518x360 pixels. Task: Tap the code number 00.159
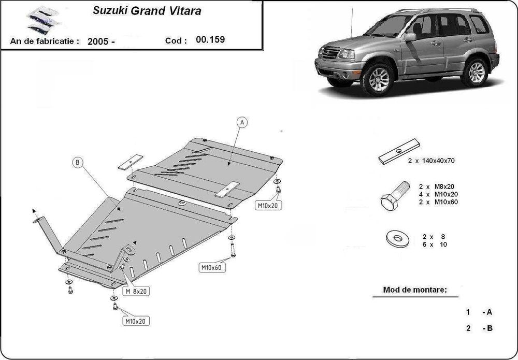point(211,39)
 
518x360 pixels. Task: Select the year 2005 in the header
point(102,41)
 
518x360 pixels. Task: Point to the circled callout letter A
point(242,123)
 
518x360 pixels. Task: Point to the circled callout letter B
point(77,163)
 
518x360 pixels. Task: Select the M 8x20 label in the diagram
point(136,292)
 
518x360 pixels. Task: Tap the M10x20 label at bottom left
point(134,321)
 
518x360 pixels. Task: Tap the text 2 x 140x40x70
point(431,161)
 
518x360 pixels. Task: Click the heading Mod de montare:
point(414,290)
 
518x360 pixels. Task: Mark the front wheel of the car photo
point(378,78)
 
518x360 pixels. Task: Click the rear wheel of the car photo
point(476,71)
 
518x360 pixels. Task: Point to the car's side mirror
point(410,37)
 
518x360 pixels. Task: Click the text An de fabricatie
point(44,41)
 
